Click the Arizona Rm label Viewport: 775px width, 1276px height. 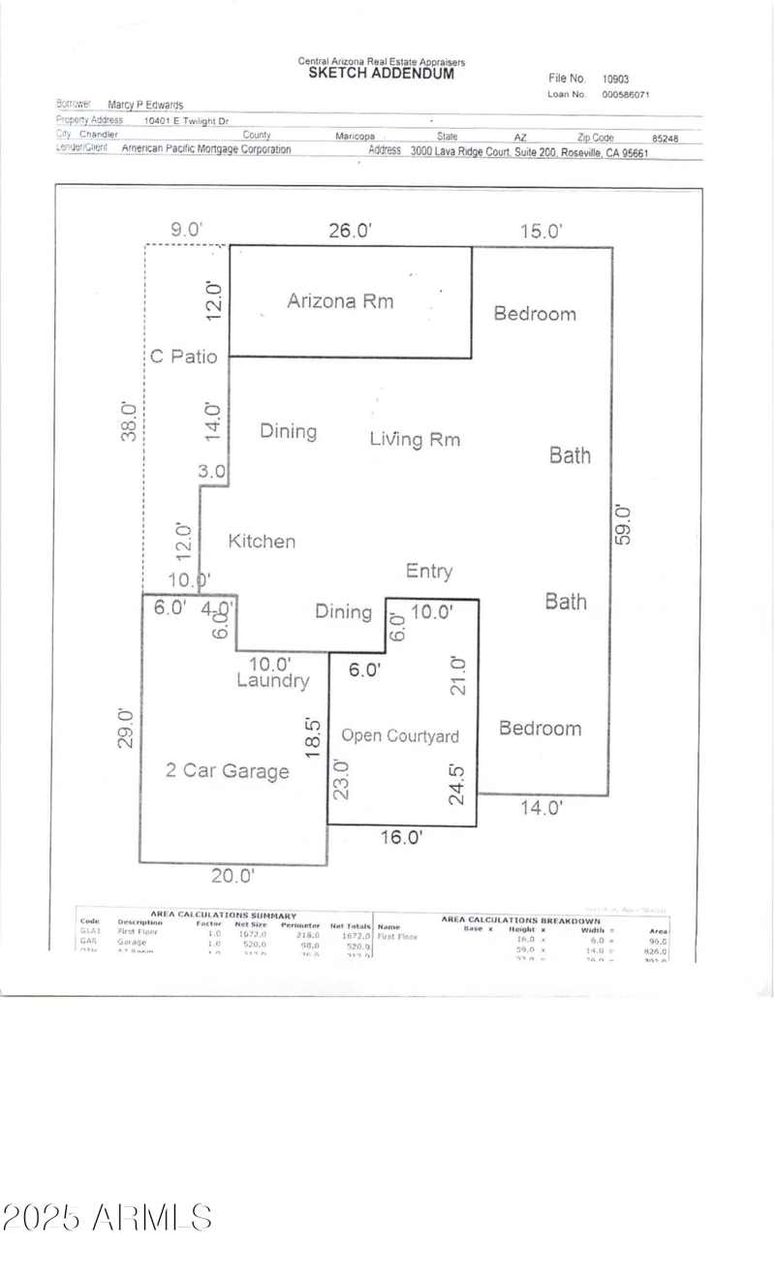[x=340, y=300]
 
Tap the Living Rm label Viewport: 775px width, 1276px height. [x=415, y=439]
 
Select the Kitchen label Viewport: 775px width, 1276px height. [x=262, y=541]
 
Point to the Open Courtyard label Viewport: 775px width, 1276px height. [x=399, y=735]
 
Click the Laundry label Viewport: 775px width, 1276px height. [x=273, y=681]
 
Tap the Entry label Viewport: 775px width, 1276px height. [x=428, y=571]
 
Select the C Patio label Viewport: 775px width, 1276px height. [x=183, y=356]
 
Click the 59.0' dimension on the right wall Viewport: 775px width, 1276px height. [x=624, y=524]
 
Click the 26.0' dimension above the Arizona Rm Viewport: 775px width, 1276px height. [x=350, y=231]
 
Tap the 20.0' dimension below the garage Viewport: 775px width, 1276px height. [x=233, y=876]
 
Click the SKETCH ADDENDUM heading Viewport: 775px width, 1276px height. [x=381, y=73]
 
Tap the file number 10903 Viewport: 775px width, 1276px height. [x=615, y=79]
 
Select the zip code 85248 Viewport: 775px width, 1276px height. [x=665, y=139]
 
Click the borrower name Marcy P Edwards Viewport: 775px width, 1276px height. [x=145, y=105]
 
